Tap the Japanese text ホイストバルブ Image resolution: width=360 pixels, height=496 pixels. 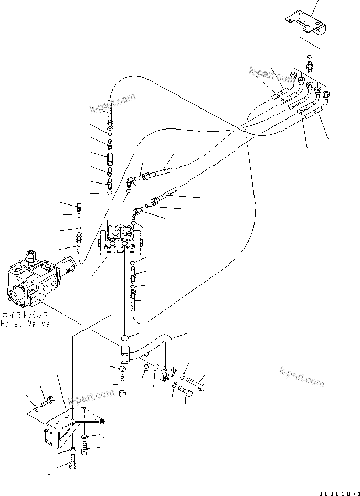tap(25, 315)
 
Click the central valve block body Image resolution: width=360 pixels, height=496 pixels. tap(120, 240)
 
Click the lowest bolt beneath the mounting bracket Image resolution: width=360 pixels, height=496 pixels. tap(72, 463)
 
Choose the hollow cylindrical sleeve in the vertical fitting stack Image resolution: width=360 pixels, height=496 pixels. tap(110, 157)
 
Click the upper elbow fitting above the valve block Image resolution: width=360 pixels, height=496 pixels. tap(130, 181)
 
